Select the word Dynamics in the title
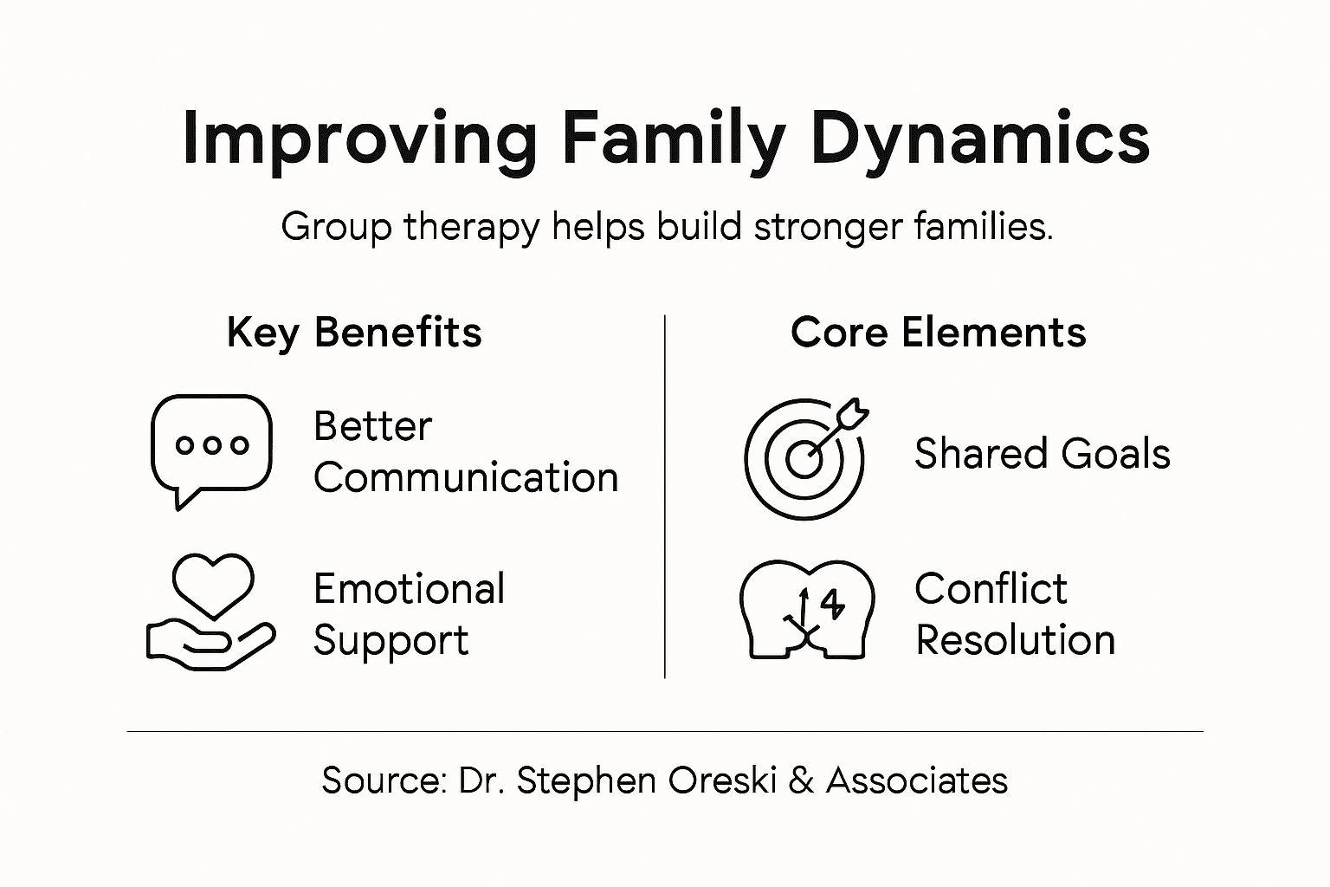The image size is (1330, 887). (979, 139)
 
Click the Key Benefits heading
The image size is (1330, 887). (354, 333)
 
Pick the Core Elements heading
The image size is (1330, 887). (938, 333)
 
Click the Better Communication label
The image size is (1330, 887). (465, 452)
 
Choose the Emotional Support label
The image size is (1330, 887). (409, 614)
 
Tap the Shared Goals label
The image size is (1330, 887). (1042, 454)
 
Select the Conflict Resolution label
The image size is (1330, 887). (1014, 614)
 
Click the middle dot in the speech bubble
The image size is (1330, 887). (212, 445)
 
